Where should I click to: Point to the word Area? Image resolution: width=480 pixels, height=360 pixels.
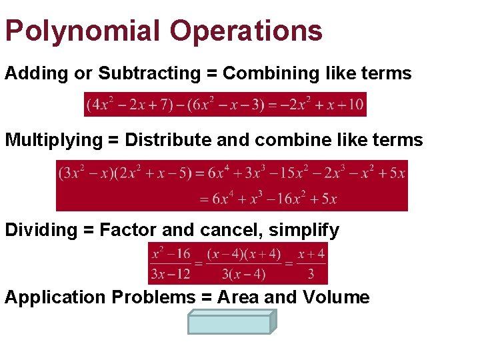239,297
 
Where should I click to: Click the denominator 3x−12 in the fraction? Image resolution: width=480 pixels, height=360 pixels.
171,273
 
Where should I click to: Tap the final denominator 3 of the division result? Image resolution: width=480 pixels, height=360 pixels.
311,273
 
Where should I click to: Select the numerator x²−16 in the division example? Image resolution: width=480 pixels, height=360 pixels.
171,254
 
